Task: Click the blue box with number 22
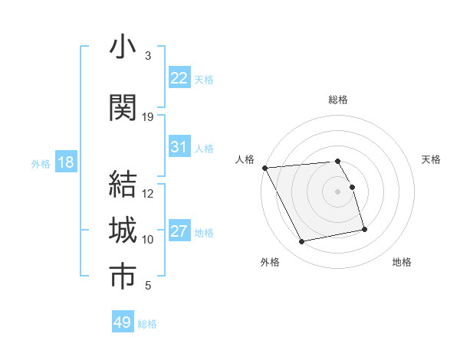pos(179,78)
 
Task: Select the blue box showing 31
pos(179,147)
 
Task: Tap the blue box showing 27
pos(179,231)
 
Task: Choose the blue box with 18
pos(65,162)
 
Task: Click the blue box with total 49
pos(123,322)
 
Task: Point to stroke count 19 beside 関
pos(148,117)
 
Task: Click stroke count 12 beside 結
pos(148,194)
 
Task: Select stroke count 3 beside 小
pos(148,56)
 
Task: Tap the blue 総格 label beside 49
pos(147,324)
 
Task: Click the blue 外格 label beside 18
pos(41,163)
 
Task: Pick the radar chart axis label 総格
pos(337,100)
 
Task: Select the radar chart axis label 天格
pos(432,159)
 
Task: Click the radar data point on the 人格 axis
pos(264,168)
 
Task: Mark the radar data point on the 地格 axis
pos(364,229)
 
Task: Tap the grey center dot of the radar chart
pos(337,191)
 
